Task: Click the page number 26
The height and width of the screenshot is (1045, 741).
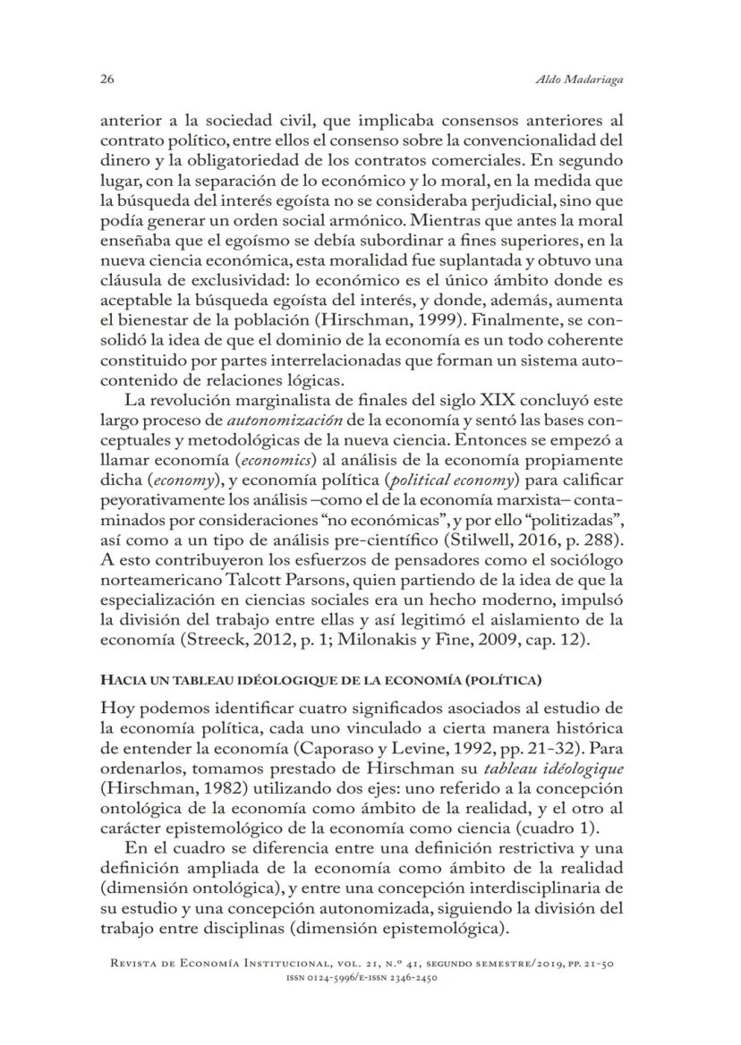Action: click(106, 80)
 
